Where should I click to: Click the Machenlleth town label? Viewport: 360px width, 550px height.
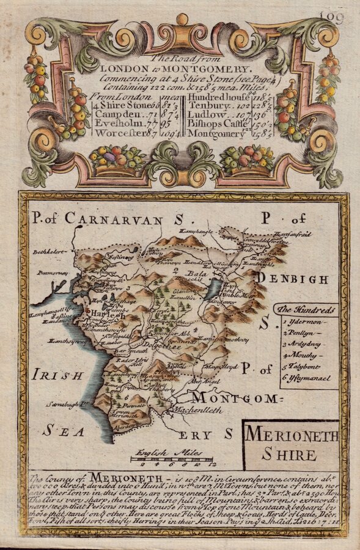[x=197, y=409]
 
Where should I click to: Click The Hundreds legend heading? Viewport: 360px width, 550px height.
[x=304, y=309]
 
